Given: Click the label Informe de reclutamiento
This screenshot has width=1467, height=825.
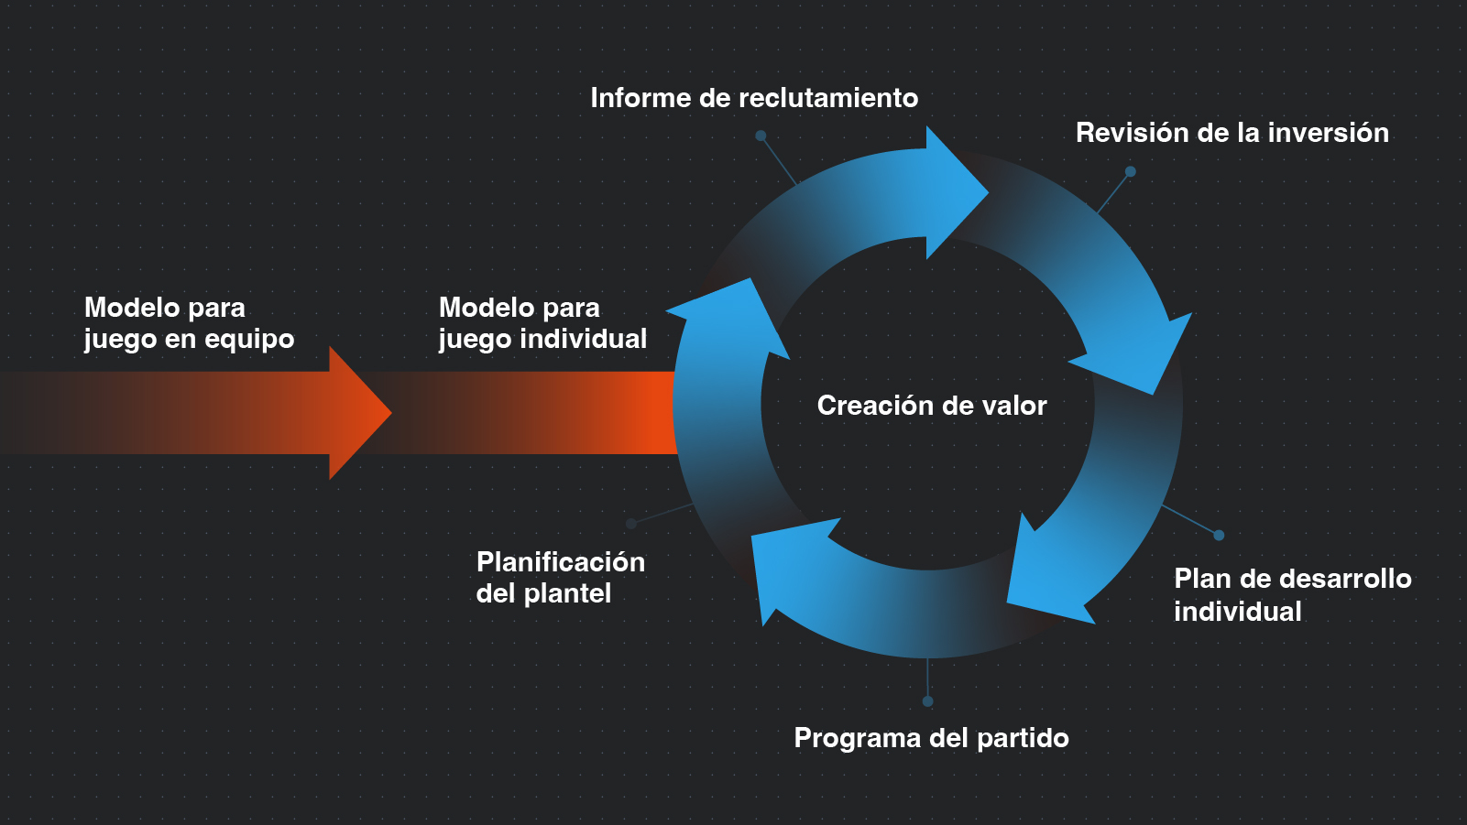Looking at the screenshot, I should [x=753, y=98].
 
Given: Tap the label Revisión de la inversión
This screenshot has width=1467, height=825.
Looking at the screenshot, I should [x=1232, y=133].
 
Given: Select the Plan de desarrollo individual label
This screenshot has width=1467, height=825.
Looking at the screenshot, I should [x=1292, y=595].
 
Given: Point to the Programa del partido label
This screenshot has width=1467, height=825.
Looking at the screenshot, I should [x=931, y=738].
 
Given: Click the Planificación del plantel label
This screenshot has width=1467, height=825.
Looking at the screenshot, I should [x=560, y=578].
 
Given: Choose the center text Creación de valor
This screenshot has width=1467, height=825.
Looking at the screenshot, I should [x=931, y=406].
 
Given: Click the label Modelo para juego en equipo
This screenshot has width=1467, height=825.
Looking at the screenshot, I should [x=189, y=323].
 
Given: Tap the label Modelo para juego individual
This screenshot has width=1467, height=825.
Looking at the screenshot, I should [x=542, y=323].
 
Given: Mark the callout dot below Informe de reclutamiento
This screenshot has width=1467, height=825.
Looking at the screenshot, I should [x=761, y=136].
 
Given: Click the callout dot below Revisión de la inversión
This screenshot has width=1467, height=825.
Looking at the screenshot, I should [x=1131, y=171].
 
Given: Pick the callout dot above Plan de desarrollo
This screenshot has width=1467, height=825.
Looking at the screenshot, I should [x=1219, y=536].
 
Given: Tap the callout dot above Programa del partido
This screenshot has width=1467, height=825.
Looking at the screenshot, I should [x=927, y=701].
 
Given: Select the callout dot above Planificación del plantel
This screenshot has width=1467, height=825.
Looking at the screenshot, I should [x=631, y=524].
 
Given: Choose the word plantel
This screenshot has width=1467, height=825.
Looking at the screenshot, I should [x=566, y=594].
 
